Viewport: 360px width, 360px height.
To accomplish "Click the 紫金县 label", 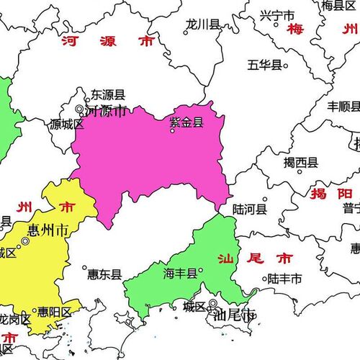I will [x=186, y=122].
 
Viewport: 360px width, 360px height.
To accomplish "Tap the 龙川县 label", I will [x=202, y=24].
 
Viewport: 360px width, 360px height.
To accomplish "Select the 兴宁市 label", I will [x=276, y=14].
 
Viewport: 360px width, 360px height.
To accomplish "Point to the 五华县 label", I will [x=264, y=65].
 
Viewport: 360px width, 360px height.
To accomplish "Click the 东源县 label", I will [x=108, y=95].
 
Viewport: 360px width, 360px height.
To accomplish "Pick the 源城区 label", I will [x=67, y=124].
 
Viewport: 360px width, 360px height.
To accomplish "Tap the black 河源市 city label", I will [x=106, y=111].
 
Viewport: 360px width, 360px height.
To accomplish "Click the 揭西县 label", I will [x=301, y=162].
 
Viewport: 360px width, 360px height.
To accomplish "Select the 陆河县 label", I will [x=250, y=210].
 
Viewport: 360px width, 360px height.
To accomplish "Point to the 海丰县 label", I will [x=180, y=273].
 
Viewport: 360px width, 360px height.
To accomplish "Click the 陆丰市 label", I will [x=284, y=278].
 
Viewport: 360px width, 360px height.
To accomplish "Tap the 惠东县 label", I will [x=104, y=274].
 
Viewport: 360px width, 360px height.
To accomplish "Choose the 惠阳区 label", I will [x=55, y=312].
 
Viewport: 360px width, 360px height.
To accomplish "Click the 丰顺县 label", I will [x=343, y=106].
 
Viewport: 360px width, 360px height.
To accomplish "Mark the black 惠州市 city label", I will [x=48, y=230].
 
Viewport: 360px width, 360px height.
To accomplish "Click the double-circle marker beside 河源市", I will [x=80, y=109].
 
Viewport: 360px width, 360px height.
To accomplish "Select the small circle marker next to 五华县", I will [x=285, y=66].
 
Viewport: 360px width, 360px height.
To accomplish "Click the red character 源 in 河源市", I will [x=108, y=42].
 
